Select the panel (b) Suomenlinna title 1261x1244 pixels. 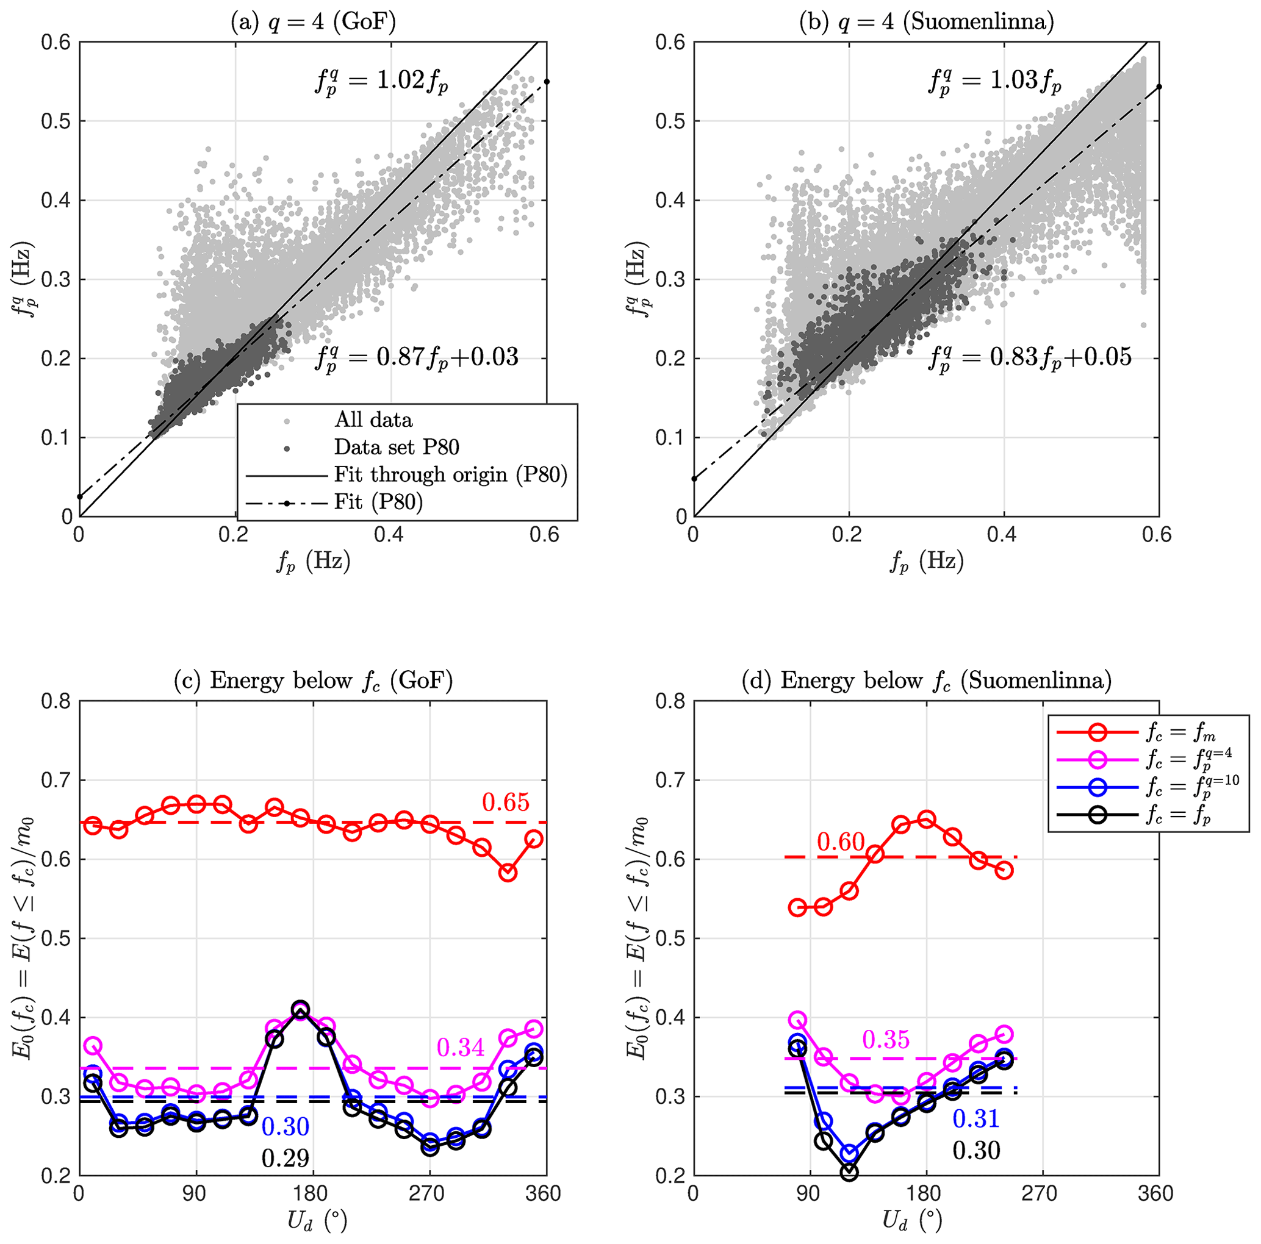(926, 21)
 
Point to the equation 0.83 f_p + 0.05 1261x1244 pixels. (1029, 357)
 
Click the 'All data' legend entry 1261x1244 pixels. (373, 420)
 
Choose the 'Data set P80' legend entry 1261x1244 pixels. (396, 447)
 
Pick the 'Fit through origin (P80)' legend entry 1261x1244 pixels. (450, 474)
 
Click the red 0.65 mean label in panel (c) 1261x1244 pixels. (506, 803)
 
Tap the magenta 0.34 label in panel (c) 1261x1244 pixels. (461, 1048)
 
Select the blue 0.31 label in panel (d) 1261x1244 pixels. (975, 1119)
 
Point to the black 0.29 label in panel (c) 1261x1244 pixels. (286, 1158)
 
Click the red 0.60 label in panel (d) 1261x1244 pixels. (841, 842)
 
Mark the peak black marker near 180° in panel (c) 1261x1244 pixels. (300, 1009)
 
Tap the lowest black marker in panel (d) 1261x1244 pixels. (849, 1172)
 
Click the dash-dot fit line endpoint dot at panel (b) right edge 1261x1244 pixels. (1159, 87)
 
